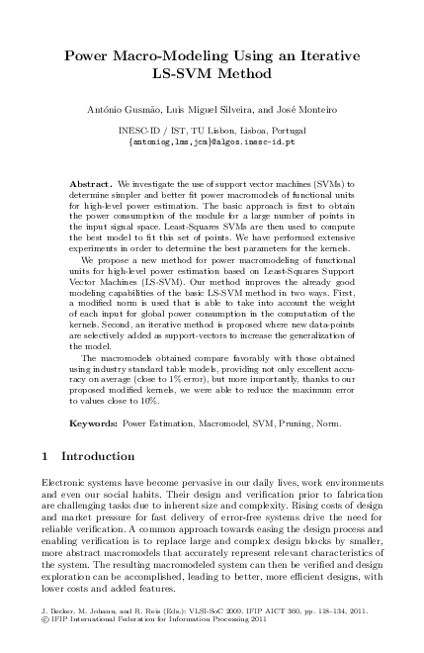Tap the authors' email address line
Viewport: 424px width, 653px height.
212,141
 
